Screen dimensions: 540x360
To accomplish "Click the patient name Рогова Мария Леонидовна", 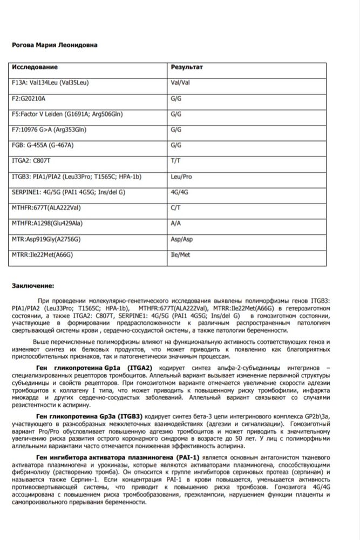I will (x=55, y=45).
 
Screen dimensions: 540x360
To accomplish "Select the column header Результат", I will (x=187, y=67).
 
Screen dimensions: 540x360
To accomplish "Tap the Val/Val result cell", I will (x=180, y=83).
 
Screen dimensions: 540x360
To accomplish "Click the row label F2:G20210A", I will (x=29, y=99).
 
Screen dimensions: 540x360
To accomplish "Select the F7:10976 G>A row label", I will (x=49, y=130).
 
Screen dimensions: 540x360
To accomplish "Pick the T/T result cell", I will (x=175, y=161).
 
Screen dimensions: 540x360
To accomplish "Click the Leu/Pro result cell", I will (x=181, y=177).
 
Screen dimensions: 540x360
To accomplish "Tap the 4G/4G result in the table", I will (x=179, y=192).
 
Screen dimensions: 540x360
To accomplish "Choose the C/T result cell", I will (x=175, y=208).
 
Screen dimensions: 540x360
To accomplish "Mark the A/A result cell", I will (x=175, y=224).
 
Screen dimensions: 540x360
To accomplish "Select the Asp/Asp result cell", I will (x=181, y=239).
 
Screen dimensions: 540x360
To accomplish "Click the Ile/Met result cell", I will (x=180, y=255).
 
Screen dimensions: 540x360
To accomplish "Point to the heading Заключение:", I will (x=33, y=286).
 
